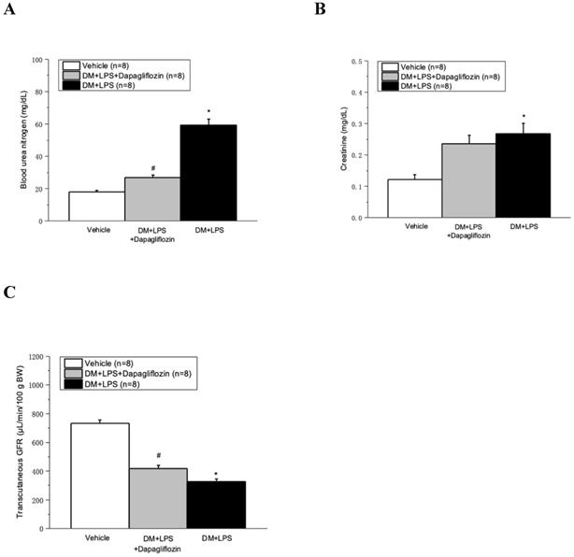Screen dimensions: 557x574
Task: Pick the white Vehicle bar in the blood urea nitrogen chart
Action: tap(96, 206)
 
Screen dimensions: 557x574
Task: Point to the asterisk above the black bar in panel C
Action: tap(217, 474)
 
